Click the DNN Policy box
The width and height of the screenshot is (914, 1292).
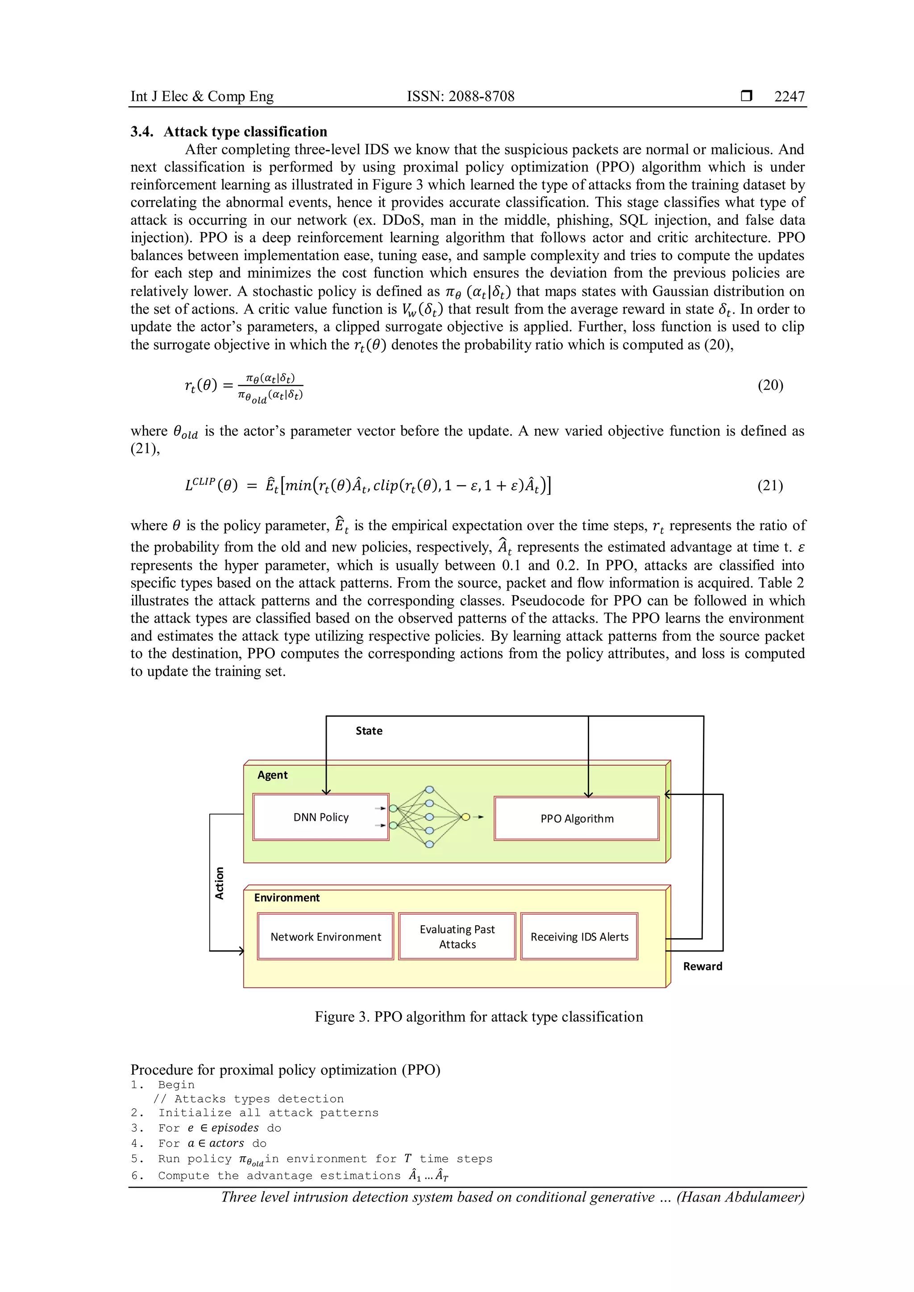click(321, 817)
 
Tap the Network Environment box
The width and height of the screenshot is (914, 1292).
click(325, 937)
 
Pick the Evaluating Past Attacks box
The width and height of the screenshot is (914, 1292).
click(457, 937)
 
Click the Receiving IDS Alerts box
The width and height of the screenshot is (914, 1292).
click(579, 937)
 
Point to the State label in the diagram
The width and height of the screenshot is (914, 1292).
click(369, 731)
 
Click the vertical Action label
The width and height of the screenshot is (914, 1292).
click(220, 883)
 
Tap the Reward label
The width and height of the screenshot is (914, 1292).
click(702, 966)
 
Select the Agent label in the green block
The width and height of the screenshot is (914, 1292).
click(272, 775)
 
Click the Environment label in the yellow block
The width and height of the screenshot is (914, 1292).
click(287, 898)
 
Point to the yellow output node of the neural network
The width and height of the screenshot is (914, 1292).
click(465, 817)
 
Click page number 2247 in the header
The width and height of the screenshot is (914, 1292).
click(789, 96)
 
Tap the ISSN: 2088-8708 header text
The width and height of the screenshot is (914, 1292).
click(461, 96)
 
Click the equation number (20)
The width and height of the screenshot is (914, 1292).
click(770, 385)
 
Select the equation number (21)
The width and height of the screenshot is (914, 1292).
click(770, 486)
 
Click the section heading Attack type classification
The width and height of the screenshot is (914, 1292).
click(245, 132)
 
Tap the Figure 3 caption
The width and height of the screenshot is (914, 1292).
click(478, 1017)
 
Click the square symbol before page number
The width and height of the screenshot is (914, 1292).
click(746, 95)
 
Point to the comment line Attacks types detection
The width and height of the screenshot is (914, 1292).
click(249, 1099)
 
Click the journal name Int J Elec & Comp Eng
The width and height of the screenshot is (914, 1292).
click(202, 96)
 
